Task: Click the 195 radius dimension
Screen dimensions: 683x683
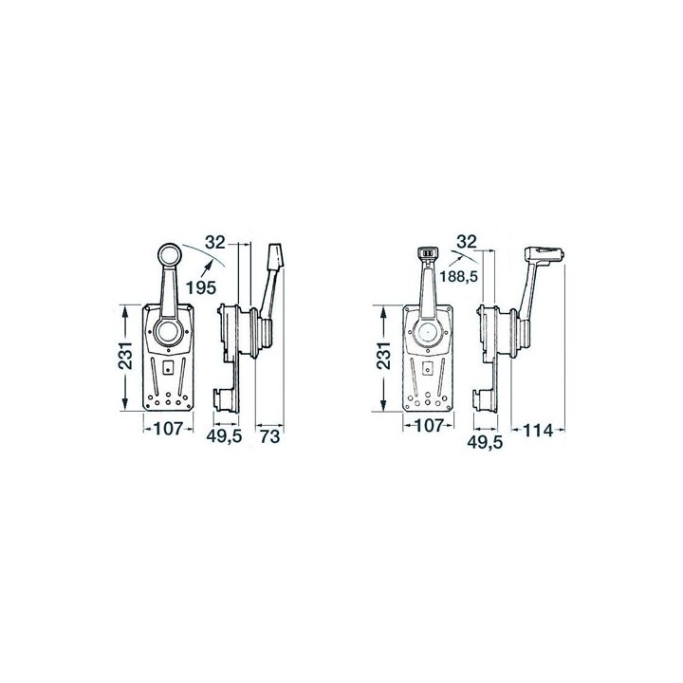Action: [x=201, y=287]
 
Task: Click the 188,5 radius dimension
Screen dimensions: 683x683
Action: [x=459, y=276]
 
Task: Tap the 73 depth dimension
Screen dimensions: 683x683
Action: [x=270, y=436]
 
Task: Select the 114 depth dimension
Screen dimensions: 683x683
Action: [x=538, y=431]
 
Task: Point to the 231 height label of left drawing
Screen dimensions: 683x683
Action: [x=125, y=356]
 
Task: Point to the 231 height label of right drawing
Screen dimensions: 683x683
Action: [x=384, y=356]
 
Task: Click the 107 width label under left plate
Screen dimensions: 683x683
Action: [x=168, y=429]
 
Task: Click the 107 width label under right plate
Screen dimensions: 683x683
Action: [x=428, y=426]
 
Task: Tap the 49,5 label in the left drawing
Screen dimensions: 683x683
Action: [x=224, y=436]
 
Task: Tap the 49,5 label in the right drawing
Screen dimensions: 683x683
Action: [x=485, y=442]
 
